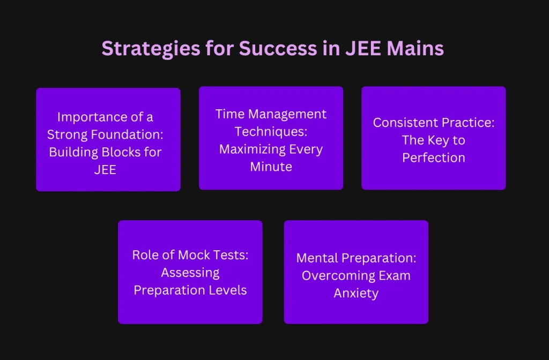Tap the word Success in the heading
click(x=278, y=49)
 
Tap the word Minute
click(x=271, y=167)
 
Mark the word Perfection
click(x=433, y=158)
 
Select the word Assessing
click(x=190, y=273)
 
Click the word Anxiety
click(x=356, y=294)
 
